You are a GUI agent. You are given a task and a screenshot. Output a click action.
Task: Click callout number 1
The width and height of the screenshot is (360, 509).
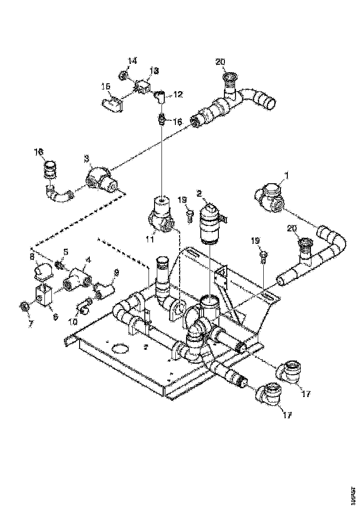286,176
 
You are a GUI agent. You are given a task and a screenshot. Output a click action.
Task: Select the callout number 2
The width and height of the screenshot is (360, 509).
199,193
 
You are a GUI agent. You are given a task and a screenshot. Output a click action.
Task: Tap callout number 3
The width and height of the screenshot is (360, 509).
86,159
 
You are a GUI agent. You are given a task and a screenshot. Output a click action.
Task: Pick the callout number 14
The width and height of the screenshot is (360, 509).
133,61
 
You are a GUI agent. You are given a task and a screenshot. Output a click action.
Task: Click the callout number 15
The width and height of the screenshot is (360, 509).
106,86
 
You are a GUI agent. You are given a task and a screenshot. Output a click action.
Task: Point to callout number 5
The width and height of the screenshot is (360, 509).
65,252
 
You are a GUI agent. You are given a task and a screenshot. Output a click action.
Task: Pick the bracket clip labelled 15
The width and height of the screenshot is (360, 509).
112,105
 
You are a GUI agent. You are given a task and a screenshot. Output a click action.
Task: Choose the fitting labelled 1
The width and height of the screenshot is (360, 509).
268,197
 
